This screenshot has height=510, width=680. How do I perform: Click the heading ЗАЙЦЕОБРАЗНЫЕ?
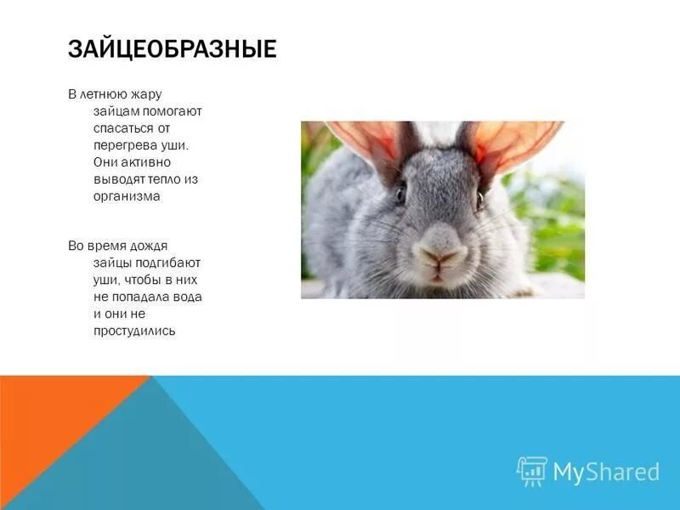(x=172, y=48)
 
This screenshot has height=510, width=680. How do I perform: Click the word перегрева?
(x=122, y=145)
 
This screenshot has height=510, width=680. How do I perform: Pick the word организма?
(x=127, y=195)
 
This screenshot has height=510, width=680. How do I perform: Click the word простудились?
(x=134, y=331)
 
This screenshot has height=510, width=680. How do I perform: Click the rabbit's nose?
(x=439, y=255)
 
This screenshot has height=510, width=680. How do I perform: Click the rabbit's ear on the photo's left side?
(x=361, y=140)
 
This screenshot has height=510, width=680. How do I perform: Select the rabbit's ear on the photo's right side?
(x=518, y=140)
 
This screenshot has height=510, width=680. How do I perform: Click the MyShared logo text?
(x=606, y=472)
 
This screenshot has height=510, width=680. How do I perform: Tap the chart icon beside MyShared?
(x=532, y=471)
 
